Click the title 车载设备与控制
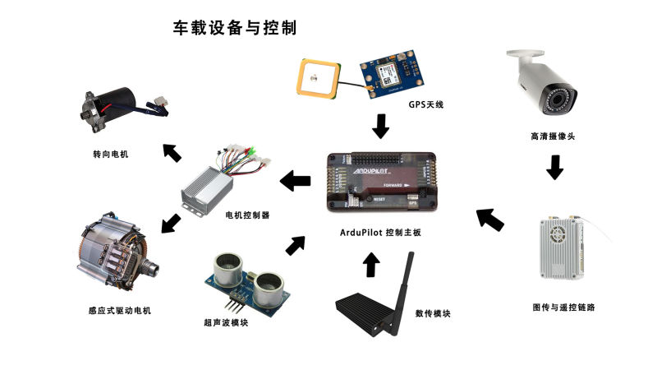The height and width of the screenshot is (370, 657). tap(234, 27)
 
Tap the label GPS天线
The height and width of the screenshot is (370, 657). tap(425, 104)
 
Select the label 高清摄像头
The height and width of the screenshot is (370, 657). tap(553, 136)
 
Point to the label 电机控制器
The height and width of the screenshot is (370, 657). tap(248, 215)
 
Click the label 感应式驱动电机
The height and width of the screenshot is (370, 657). tap(119, 311)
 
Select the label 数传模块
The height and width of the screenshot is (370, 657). tap(433, 313)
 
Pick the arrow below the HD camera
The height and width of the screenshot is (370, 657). tap(555, 167)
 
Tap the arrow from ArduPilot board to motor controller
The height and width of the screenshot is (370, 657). tap(295, 180)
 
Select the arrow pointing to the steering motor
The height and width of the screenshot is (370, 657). tap(172, 152)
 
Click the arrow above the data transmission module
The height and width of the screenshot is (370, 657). tap(371, 264)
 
